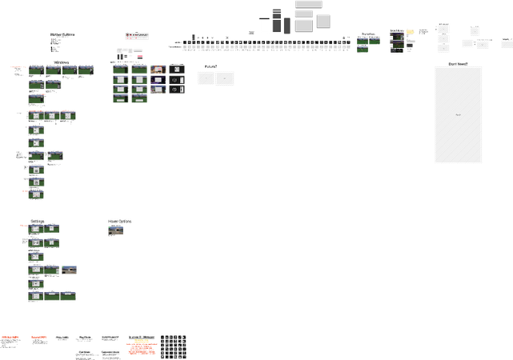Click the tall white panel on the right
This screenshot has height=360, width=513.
[458, 114]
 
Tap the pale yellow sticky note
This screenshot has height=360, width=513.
[410, 32]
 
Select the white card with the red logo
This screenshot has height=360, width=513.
[135, 36]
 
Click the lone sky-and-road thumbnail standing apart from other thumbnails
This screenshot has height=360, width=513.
[116, 230]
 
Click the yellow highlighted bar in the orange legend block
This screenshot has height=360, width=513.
[141, 342]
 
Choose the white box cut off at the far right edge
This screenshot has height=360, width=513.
[507, 43]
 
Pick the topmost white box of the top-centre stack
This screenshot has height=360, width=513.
[304, 3]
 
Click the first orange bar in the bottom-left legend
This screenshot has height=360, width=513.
[10, 337]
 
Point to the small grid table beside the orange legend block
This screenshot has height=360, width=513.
[172, 346]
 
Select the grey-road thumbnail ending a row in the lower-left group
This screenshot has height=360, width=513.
[70, 270]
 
